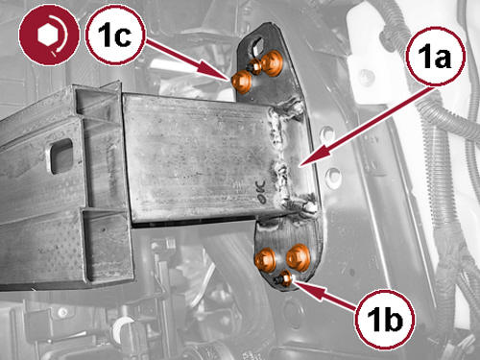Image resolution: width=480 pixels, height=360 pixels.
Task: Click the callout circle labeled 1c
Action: [115, 36]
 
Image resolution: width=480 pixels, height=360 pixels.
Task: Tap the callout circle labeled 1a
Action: [435, 57]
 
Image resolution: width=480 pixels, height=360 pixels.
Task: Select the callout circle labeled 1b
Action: [384, 319]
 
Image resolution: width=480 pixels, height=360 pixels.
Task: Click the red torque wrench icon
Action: [49, 36]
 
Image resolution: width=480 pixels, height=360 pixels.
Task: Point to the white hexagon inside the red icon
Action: [48, 35]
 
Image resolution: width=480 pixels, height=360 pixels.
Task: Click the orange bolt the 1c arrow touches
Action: [241, 82]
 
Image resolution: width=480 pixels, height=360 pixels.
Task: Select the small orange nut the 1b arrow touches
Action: [286, 277]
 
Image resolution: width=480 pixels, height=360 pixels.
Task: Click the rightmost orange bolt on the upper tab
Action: [272, 62]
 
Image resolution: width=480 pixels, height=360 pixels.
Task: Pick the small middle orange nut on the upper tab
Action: [255, 66]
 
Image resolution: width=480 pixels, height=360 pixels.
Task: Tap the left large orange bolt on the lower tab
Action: [265, 258]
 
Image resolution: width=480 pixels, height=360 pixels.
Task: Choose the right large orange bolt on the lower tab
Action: [298, 256]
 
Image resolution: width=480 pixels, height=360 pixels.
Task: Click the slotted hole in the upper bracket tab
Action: [257, 45]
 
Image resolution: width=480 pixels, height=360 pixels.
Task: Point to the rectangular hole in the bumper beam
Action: [60, 156]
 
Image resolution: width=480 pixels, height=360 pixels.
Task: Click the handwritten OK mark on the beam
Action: [260, 191]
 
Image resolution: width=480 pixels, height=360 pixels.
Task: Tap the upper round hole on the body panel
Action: [327, 133]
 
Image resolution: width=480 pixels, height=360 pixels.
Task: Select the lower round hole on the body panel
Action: [333, 176]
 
